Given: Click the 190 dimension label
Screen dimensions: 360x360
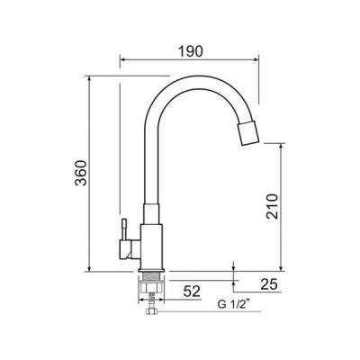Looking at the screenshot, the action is click(x=191, y=51).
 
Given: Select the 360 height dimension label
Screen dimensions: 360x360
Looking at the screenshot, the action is click(x=81, y=173).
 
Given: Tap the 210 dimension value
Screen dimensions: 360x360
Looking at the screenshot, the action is click(x=273, y=206).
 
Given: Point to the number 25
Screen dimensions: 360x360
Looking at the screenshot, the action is click(x=269, y=284).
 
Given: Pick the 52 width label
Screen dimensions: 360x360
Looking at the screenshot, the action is click(x=192, y=292).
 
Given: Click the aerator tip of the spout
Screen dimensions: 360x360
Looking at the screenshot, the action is click(x=248, y=133).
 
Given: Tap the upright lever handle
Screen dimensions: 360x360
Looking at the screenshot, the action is click(x=123, y=229).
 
